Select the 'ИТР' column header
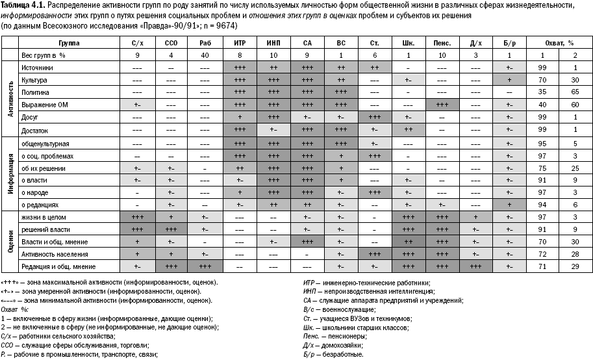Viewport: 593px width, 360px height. [x=239, y=43]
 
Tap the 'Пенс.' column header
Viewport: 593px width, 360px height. [x=443, y=43]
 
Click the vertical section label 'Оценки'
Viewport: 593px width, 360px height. [x=10, y=241]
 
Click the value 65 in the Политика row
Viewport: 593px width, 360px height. [x=574, y=92]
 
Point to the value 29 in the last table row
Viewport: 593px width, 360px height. [x=574, y=266]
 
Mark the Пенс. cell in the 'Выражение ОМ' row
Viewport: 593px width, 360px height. [x=443, y=105]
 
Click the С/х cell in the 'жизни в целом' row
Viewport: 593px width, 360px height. [x=137, y=216]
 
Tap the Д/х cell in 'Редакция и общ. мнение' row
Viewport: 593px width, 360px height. [x=475, y=266]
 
